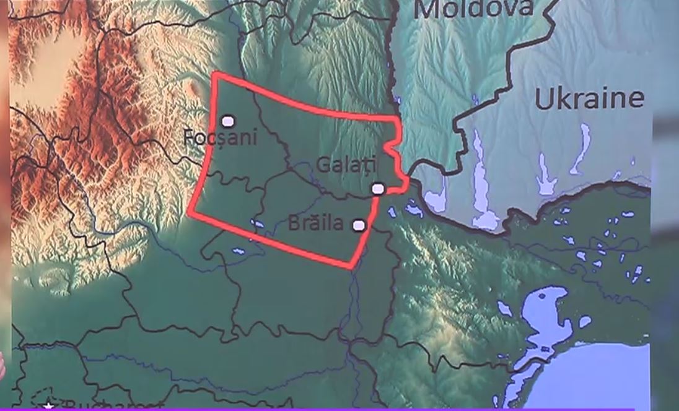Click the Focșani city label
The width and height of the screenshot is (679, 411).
pyautogui.click(x=221, y=137)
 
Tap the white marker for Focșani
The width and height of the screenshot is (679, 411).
pyautogui.click(x=228, y=121)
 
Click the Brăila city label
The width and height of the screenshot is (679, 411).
pyautogui.click(x=316, y=223)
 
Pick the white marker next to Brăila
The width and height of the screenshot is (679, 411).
pyautogui.click(x=358, y=225)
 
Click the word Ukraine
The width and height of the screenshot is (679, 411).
pyautogui.click(x=589, y=99)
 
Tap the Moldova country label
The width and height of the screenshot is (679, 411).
pyautogui.click(x=473, y=9)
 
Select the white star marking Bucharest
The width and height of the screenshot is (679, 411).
pyautogui.click(x=49, y=407)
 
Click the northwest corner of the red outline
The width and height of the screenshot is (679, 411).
pyautogui.click(x=214, y=74)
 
